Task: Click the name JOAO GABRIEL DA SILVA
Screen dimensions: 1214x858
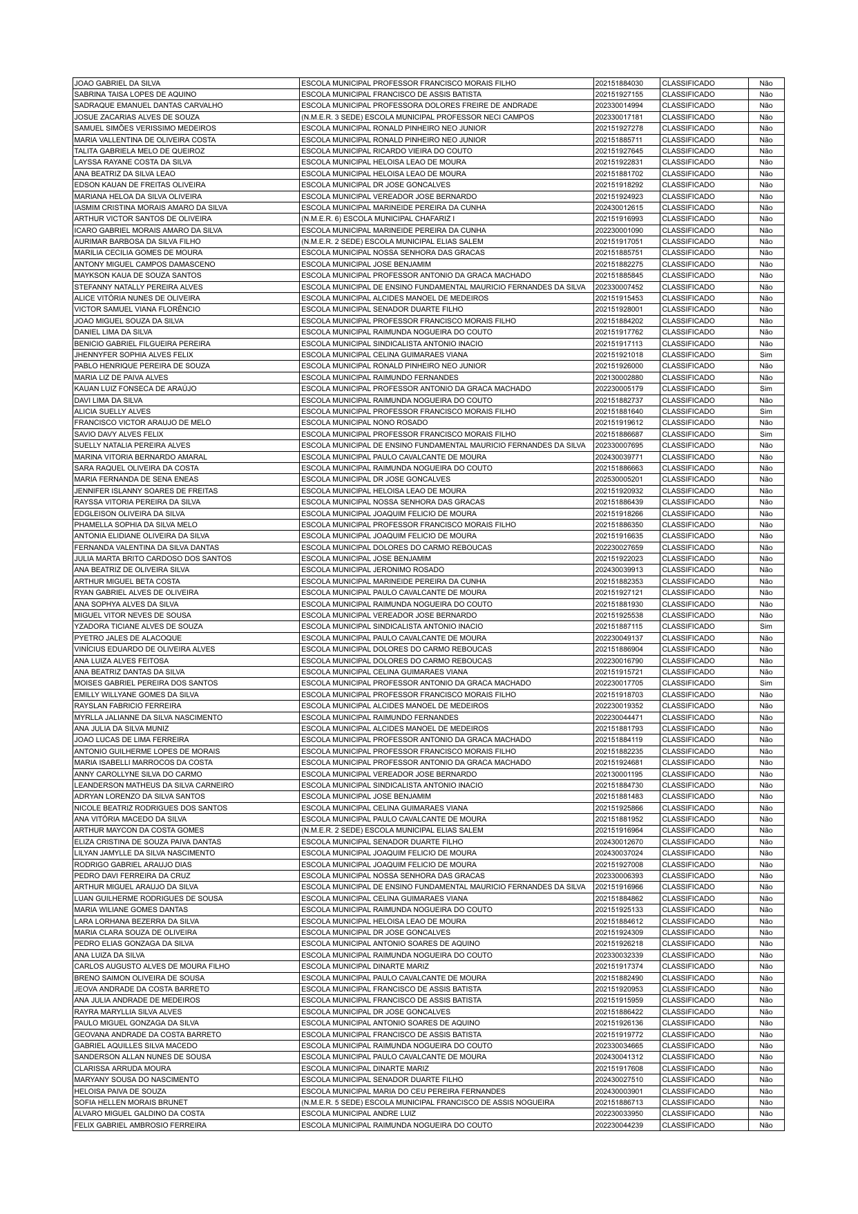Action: coord(117,83)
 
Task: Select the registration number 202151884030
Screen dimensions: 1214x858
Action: coord(619,83)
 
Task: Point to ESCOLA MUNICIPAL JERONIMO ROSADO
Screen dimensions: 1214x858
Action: coord(373,570)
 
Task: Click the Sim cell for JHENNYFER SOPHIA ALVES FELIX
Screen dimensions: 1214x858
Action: coord(765,355)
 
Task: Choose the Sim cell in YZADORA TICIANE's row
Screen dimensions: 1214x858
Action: coord(765,627)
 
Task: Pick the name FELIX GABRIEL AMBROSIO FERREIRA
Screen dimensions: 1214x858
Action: coord(140,1126)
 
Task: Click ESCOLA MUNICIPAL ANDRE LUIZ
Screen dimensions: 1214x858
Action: coord(359,1114)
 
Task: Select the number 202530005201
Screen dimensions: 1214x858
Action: coord(619,480)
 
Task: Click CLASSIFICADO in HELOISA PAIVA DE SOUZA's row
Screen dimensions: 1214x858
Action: coord(688,1091)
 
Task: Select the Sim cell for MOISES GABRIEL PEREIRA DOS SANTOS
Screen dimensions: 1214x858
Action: coord(765,683)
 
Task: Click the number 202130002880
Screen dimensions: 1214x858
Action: coord(619,378)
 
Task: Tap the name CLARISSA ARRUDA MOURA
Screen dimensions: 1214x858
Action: coord(122,1068)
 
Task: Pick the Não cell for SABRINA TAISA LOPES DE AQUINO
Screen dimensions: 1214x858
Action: coord(765,94)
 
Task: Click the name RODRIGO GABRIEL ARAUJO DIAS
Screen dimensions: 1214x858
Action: coord(133,864)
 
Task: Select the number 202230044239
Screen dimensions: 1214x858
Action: coord(619,1126)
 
